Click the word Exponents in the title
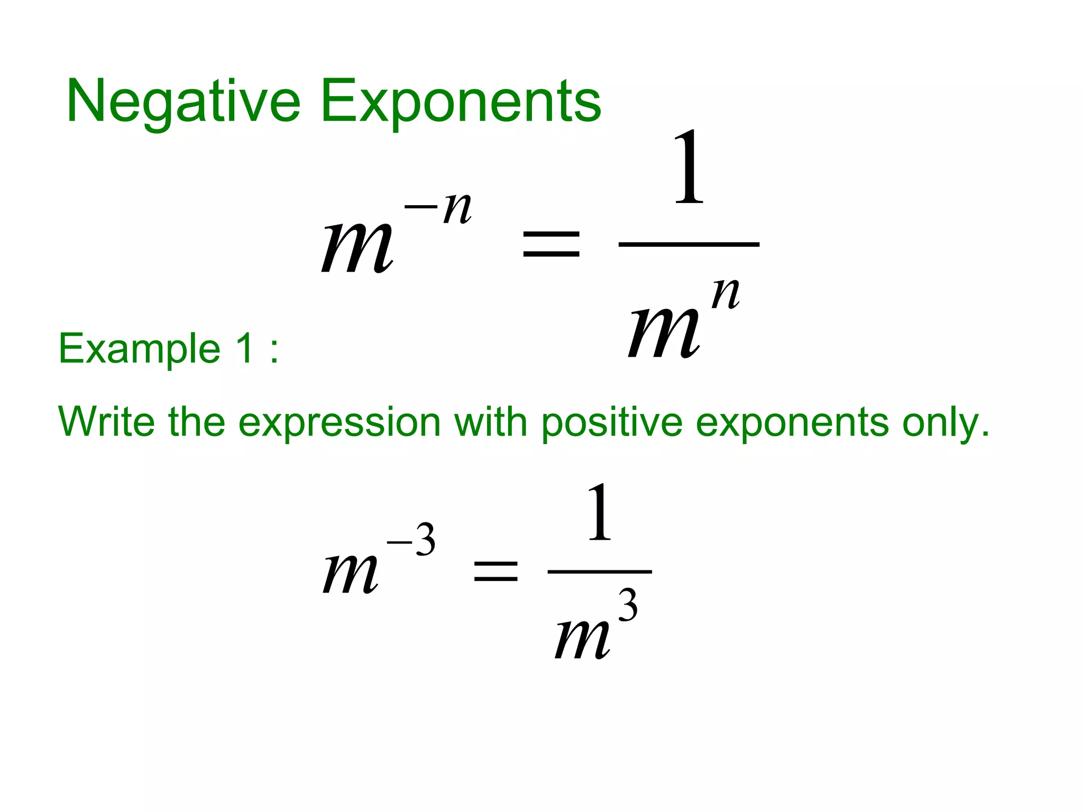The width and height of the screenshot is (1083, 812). pyautogui.click(x=461, y=101)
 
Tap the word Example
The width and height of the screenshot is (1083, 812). pyautogui.click(x=139, y=348)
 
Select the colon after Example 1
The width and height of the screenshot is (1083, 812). pyautogui.click(x=273, y=350)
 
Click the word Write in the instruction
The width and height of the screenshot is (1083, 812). pyautogui.click(x=106, y=421)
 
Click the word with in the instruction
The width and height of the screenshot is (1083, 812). pyautogui.click(x=490, y=421)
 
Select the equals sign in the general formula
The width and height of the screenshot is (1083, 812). pyautogui.click(x=551, y=244)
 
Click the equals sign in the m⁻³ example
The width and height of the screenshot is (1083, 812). pyautogui.click(x=495, y=571)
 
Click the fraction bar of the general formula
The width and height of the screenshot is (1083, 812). pyautogui.click(x=689, y=244)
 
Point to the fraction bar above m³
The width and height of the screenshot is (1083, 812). pyautogui.click(x=600, y=571)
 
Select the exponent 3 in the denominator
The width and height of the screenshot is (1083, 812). pyautogui.click(x=628, y=605)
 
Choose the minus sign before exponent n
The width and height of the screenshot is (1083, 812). pyautogui.click(x=421, y=207)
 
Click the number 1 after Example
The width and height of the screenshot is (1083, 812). pyautogui.click(x=244, y=348)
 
